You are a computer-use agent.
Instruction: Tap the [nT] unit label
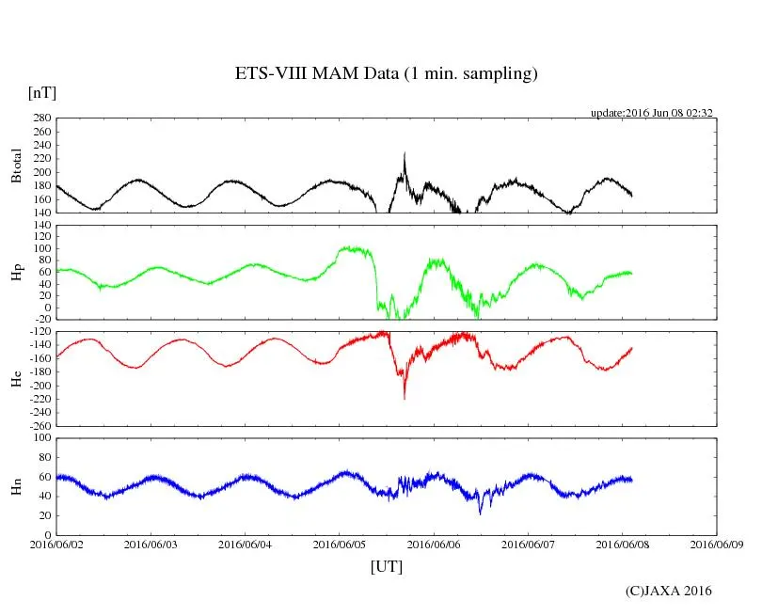tap(42, 93)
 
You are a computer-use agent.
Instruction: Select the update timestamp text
tap(651, 113)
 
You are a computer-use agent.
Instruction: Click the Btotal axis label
tap(16, 165)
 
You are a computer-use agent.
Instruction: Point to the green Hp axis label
tap(16, 272)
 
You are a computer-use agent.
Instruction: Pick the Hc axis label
tap(16, 378)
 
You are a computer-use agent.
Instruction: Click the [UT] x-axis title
tap(387, 567)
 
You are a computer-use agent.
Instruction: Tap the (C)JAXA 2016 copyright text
tap(669, 592)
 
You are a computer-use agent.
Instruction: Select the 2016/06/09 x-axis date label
tap(718, 545)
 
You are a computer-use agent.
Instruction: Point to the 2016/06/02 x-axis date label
tap(57, 545)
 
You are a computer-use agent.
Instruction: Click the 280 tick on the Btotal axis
tap(40, 118)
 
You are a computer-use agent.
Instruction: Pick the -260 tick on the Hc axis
tap(37, 425)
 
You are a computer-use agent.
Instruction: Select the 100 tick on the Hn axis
tap(40, 438)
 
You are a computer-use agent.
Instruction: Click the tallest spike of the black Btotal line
tap(405, 153)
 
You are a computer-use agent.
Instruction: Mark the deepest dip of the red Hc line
tap(405, 399)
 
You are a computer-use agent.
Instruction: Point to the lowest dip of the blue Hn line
tap(480, 513)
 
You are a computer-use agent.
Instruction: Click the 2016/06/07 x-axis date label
tap(529, 545)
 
